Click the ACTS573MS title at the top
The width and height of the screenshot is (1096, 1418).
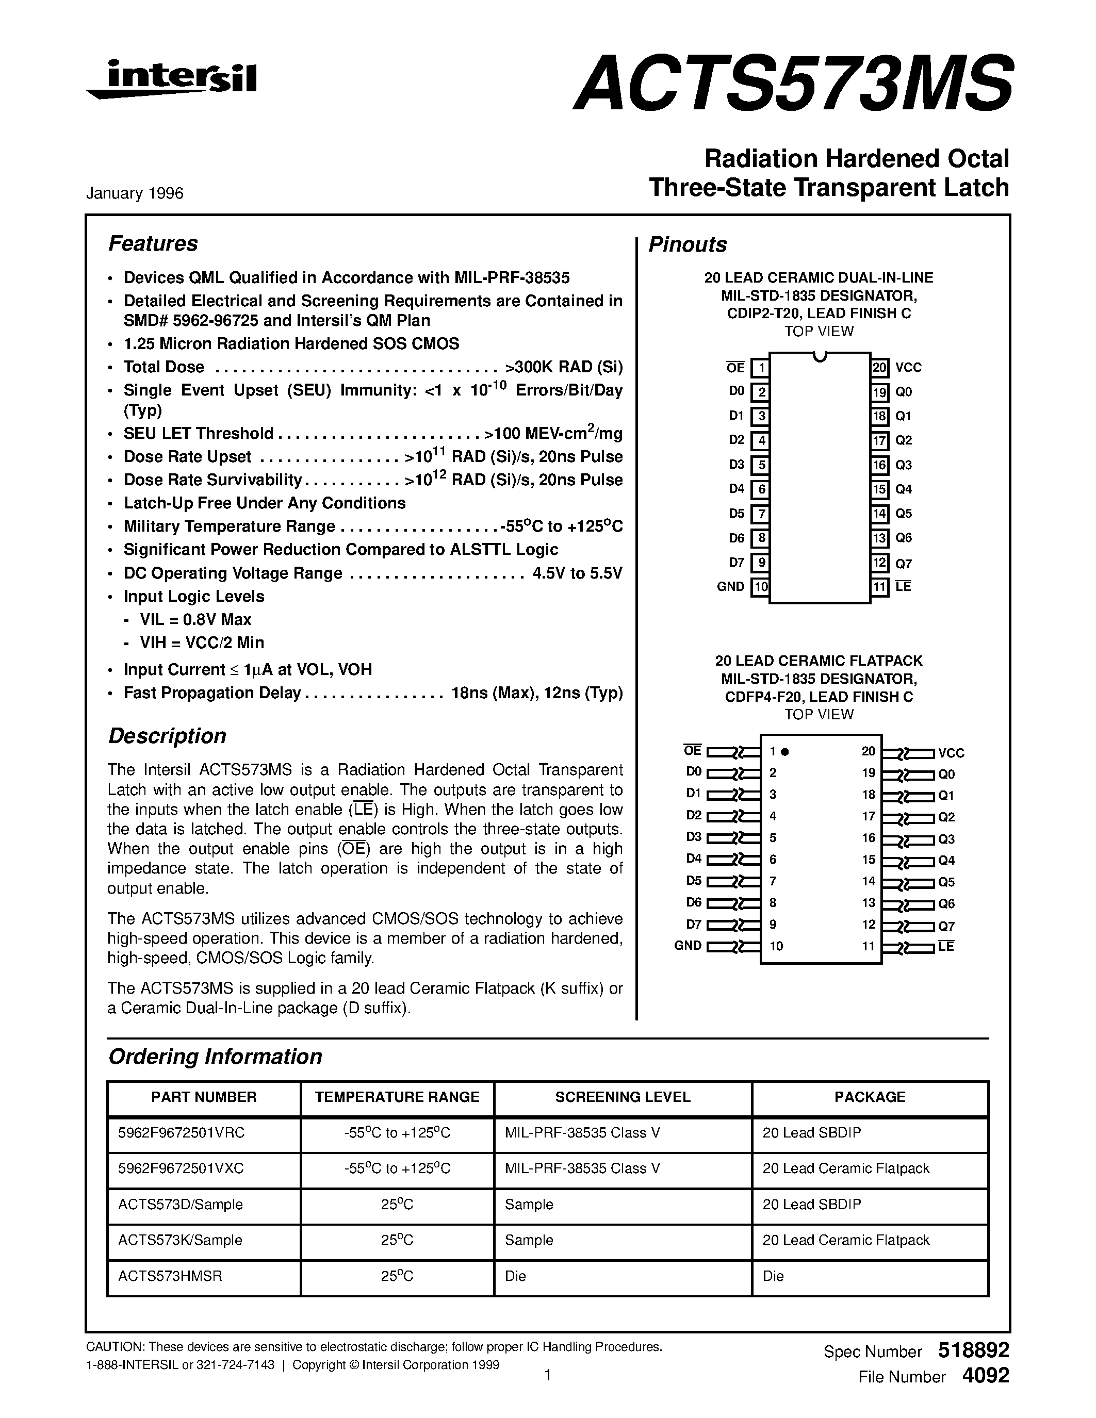pyautogui.click(x=792, y=83)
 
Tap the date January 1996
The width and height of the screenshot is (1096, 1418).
pyautogui.click(x=135, y=193)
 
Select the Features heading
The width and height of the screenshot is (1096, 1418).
pyautogui.click(x=153, y=243)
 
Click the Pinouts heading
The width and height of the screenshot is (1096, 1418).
pyautogui.click(x=688, y=245)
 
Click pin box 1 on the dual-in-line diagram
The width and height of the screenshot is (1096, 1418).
pyautogui.click(x=760, y=368)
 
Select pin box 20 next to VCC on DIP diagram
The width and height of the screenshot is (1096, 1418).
pyautogui.click(x=879, y=368)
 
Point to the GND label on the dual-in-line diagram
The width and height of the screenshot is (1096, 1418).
pyautogui.click(x=730, y=587)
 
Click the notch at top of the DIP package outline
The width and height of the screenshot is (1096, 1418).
pyautogui.click(x=820, y=356)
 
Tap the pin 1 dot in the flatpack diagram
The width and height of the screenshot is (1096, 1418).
pyautogui.click(x=784, y=752)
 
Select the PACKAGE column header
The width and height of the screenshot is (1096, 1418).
pyautogui.click(x=870, y=1097)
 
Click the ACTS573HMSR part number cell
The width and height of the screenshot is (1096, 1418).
pyautogui.click(x=170, y=1276)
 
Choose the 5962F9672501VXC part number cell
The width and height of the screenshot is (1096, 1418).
pyautogui.click(x=181, y=1168)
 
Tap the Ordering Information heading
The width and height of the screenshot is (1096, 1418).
pyautogui.click(x=215, y=1057)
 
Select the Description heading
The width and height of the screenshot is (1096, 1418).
pyautogui.click(x=167, y=736)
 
